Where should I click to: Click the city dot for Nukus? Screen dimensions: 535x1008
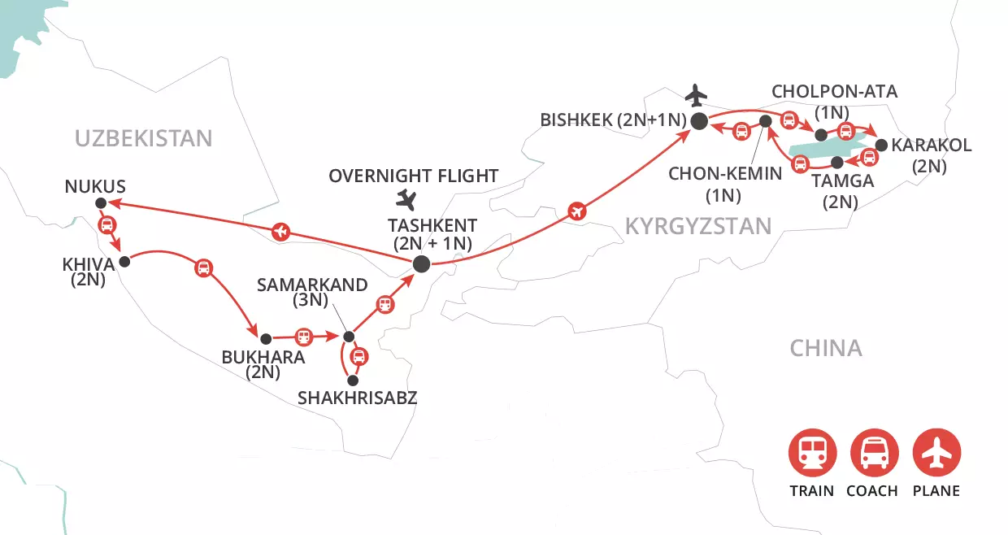[x=100, y=203]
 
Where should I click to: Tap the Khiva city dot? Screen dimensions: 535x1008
[x=124, y=262]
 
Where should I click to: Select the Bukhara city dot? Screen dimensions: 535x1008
[x=264, y=338]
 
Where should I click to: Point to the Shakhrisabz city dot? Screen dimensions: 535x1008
[x=352, y=380]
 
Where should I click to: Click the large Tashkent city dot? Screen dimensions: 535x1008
[x=421, y=263]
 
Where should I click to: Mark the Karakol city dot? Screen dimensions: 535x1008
[x=881, y=146]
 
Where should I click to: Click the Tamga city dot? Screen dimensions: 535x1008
[x=837, y=161]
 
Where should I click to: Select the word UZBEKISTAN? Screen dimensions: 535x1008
[x=143, y=138]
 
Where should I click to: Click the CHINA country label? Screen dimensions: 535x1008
[x=825, y=349]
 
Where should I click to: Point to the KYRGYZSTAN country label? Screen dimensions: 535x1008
[x=697, y=226]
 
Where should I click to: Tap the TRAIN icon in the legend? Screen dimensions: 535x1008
[x=811, y=453]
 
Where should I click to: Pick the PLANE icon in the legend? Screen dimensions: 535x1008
[x=936, y=453]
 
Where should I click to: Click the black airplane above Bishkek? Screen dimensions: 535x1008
[x=697, y=96]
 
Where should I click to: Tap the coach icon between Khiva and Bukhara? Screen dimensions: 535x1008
[x=203, y=267]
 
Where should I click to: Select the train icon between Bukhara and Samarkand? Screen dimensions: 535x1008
[x=303, y=336]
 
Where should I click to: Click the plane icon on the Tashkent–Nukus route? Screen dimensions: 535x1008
[x=280, y=233]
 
